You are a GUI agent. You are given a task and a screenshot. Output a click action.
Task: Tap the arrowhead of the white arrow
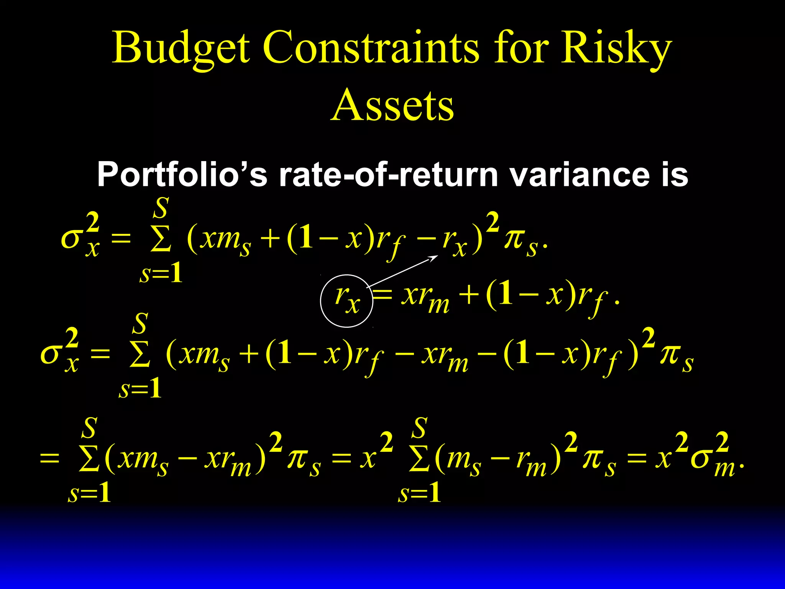pyautogui.click(x=435, y=257)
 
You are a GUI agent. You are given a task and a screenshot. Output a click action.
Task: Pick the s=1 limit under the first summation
pyautogui.click(x=161, y=274)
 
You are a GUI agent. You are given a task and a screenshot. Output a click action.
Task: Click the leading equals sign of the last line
pyautogui.click(x=50, y=458)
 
